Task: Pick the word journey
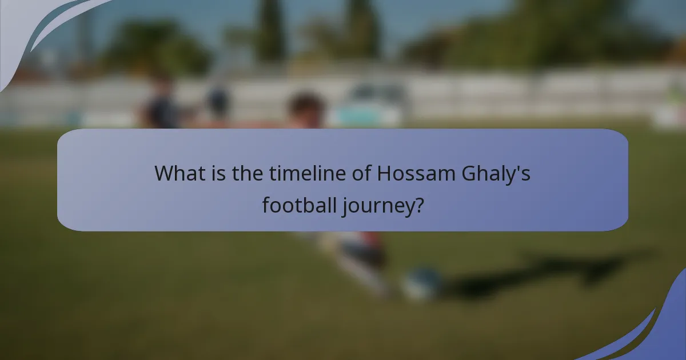coord(377,205)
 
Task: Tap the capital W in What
coord(165,173)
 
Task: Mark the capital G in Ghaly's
coord(469,173)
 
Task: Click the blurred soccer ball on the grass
coord(422,283)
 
